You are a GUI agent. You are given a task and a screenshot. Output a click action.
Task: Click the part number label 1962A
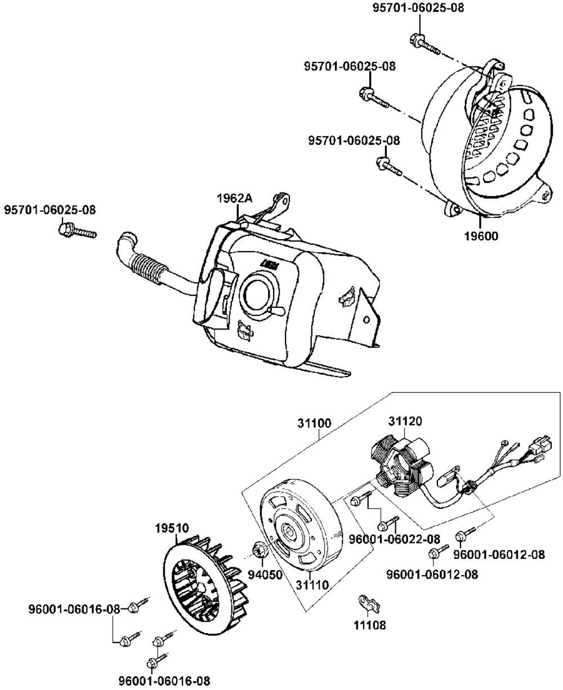point(235,198)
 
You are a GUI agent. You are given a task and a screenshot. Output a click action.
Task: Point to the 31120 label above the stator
point(405,421)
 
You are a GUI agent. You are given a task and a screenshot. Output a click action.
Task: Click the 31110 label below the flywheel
point(312,585)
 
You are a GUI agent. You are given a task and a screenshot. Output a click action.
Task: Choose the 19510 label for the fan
point(172,529)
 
